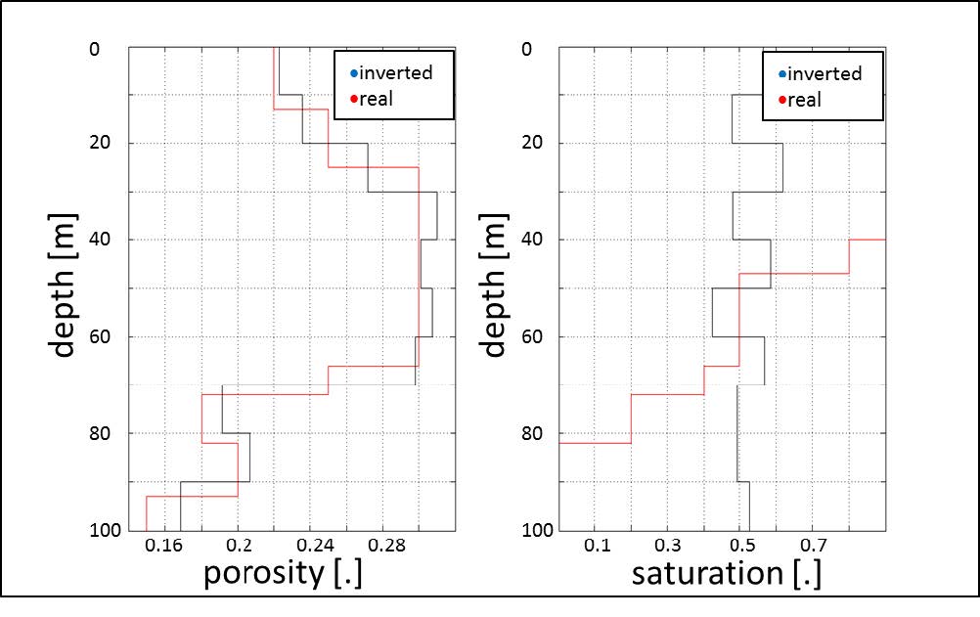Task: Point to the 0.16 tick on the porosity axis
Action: (x=164, y=546)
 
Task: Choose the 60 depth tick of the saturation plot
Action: (x=537, y=336)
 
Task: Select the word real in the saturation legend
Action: (x=805, y=99)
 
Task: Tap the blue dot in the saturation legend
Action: (x=781, y=73)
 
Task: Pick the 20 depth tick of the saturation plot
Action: (x=537, y=143)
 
